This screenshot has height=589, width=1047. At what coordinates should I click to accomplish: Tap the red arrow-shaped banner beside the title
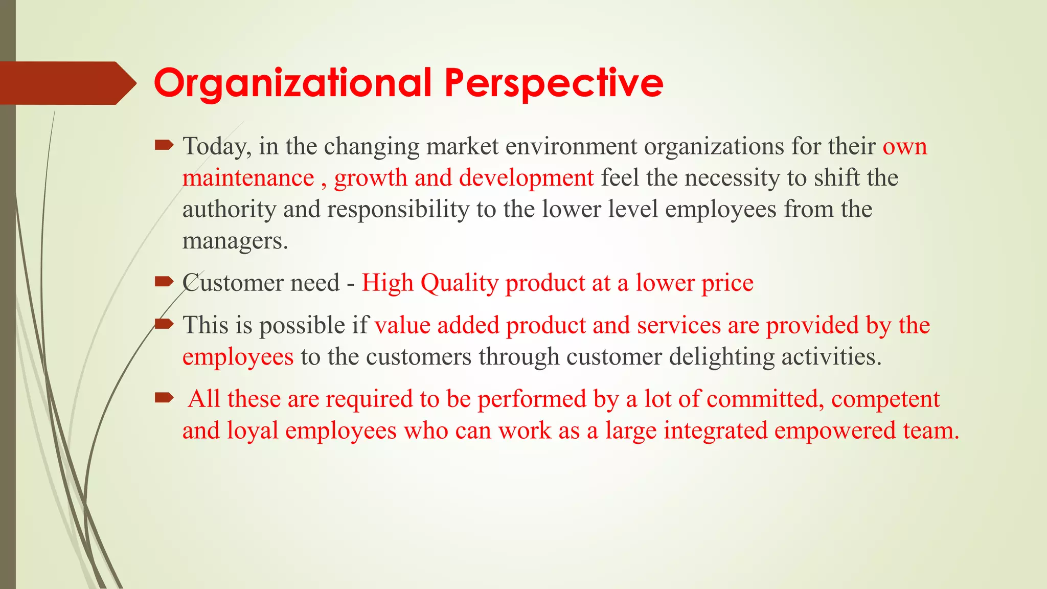[x=66, y=83]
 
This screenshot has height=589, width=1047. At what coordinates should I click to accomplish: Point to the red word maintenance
[x=248, y=178]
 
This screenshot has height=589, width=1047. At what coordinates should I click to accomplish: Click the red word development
[x=526, y=178]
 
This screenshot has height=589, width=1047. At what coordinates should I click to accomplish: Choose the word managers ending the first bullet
[x=235, y=241]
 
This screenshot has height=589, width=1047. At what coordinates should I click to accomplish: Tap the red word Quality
[x=459, y=283]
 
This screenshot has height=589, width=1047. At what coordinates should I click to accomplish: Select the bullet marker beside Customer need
[x=164, y=281]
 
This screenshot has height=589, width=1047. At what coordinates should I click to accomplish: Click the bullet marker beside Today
[x=164, y=146]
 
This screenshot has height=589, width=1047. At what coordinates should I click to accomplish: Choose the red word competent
[x=885, y=399]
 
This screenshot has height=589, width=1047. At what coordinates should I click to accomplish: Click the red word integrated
[x=715, y=431]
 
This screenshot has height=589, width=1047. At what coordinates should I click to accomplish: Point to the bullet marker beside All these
[x=164, y=397]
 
